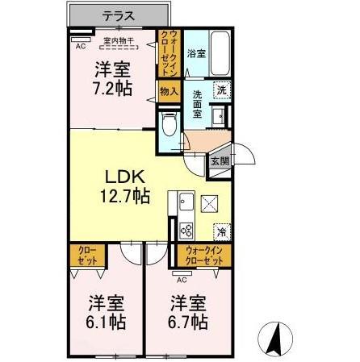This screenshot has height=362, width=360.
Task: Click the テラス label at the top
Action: [x=118, y=15]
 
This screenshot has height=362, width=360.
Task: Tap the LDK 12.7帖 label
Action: [x=123, y=185]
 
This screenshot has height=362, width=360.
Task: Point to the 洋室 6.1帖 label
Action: [x=106, y=312]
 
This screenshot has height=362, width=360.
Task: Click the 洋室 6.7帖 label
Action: [x=189, y=312]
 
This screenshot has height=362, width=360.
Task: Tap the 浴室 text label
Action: [x=195, y=53]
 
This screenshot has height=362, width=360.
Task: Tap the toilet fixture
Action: [x=168, y=125]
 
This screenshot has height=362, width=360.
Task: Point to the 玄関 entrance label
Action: [x=220, y=160]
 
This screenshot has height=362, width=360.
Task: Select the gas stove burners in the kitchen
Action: [x=186, y=231]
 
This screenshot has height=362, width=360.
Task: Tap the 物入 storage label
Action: [x=168, y=93]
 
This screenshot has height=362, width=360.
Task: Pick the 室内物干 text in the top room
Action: [x=119, y=41]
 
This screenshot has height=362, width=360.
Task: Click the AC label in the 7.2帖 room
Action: [x=80, y=46]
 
